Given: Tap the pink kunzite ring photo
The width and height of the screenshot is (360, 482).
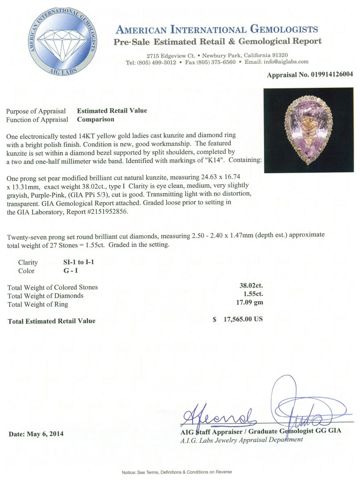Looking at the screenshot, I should tap(309, 129).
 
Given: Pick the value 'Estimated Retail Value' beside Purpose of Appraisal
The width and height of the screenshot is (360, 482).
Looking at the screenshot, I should tap(112, 111).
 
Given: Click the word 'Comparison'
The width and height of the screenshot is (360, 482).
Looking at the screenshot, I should tap(96, 119).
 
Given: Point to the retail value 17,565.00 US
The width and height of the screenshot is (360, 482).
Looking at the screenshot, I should tap(243, 320).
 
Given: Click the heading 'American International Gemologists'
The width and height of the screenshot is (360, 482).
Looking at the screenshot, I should tap(217, 30).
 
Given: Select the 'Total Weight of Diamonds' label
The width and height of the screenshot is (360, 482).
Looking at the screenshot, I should tap(46, 295).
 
